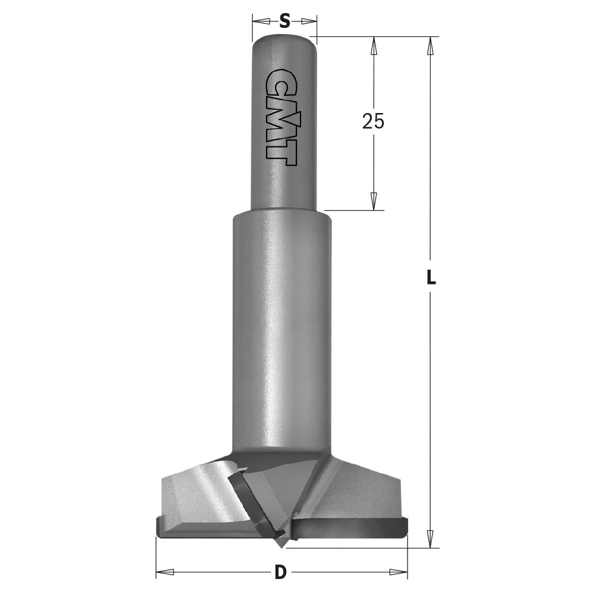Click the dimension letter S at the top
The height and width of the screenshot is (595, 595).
(x=284, y=22)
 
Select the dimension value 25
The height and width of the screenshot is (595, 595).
(x=373, y=121)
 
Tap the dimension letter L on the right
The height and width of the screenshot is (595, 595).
(x=431, y=277)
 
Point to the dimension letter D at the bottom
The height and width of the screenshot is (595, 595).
(x=281, y=573)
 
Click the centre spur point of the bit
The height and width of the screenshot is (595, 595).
(x=280, y=543)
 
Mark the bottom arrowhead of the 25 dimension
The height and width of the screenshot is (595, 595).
(x=374, y=201)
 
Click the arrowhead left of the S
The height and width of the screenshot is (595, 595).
(x=261, y=21)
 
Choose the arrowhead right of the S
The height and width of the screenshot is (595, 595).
(x=308, y=21)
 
